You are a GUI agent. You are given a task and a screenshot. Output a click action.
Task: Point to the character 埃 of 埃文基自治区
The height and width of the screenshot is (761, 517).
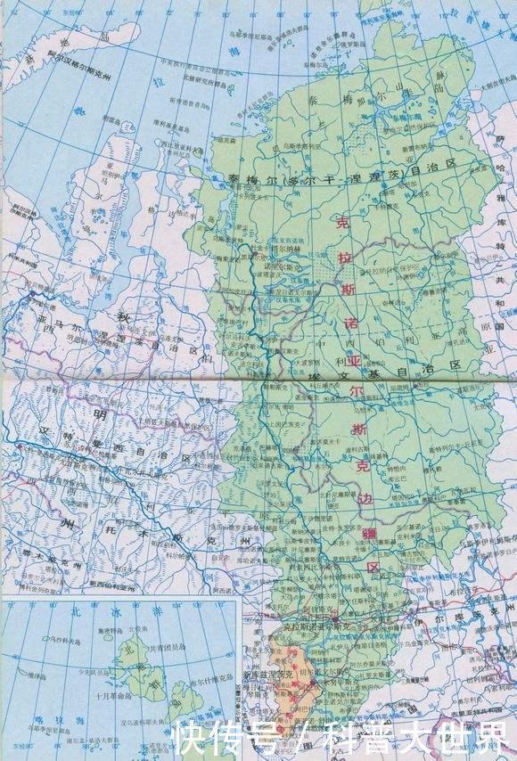[313, 379]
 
